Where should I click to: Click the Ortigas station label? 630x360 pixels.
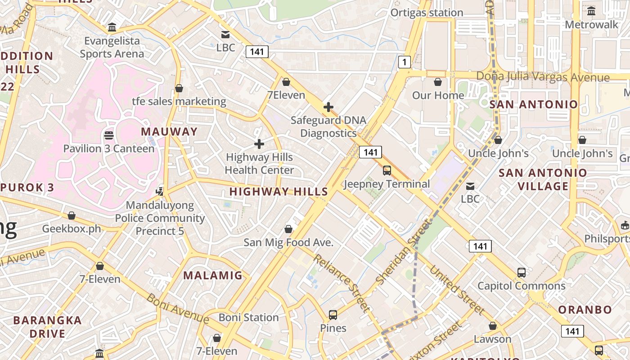pyautogui.click(x=426, y=13)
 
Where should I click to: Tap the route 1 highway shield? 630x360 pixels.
pyautogui.click(x=405, y=62)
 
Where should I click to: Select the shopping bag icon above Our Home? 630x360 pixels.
pyautogui.click(x=438, y=82)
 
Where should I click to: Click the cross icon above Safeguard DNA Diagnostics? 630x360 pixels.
pyautogui.click(x=328, y=107)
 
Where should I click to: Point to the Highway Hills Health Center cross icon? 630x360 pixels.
pyautogui.click(x=259, y=144)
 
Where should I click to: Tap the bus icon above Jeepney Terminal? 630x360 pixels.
pyautogui.click(x=387, y=171)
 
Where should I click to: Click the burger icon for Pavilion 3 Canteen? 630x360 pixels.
pyautogui.click(x=108, y=135)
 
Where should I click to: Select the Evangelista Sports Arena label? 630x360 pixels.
pyautogui.click(x=112, y=47)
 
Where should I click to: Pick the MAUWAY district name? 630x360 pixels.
pyautogui.click(x=169, y=131)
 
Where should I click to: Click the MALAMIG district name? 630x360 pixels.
pyautogui.click(x=213, y=275)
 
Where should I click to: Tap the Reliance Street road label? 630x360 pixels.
pyautogui.click(x=342, y=283)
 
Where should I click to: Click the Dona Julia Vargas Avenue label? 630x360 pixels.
pyautogui.click(x=543, y=76)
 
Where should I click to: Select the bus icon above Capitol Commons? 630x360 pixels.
pyautogui.click(x=521, y=273)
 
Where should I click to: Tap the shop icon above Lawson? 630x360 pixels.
pyautogui.click(x=493, y=326)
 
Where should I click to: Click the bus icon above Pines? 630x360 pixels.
pyautogui.click(x=333, y=315)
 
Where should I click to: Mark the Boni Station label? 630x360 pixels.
pyautogui.click(x=249, y=317)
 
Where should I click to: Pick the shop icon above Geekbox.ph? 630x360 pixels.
pyautogui.click(x=72, y=216)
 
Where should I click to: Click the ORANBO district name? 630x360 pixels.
pyautogui.click(x=585, y=310)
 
